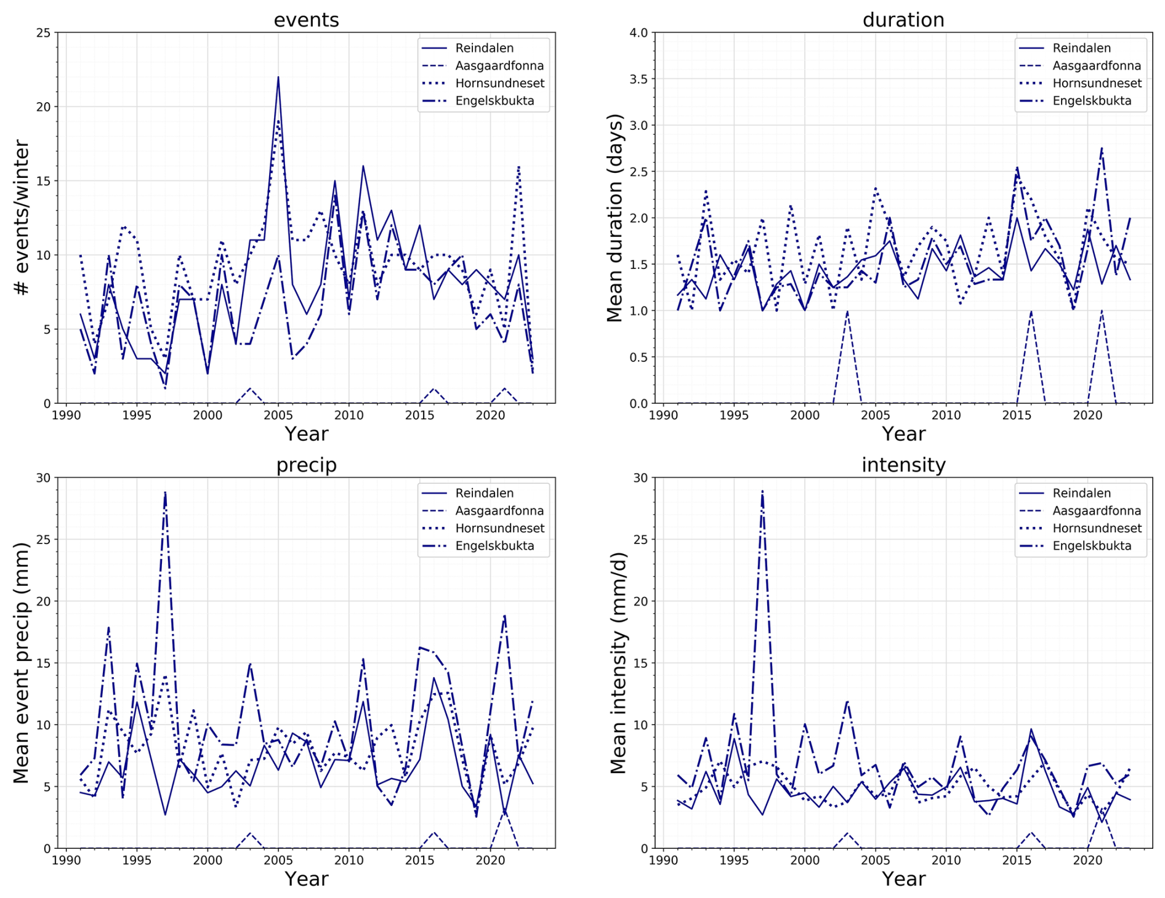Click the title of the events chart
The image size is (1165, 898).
click(306, 20)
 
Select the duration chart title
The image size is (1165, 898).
click(903, 20)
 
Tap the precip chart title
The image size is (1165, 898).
click(306, 465)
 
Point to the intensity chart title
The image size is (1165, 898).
click(903, 465)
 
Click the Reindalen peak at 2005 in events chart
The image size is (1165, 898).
click(278, 78)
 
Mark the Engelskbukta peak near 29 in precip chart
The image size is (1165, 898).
click(165, 492)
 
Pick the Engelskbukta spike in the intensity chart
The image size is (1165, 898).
click(762, 491)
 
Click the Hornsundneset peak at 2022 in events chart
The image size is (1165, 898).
click(518, 166)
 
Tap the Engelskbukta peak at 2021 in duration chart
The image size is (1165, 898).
click(1102, 148)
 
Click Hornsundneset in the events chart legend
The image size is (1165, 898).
click(499, 83)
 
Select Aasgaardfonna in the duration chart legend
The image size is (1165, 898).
click(1096, 66)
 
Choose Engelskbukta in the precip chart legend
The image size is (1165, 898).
click(494, 546)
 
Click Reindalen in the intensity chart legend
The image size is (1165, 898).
click(1081, 493)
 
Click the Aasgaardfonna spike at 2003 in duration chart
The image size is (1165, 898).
click(847, 311)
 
